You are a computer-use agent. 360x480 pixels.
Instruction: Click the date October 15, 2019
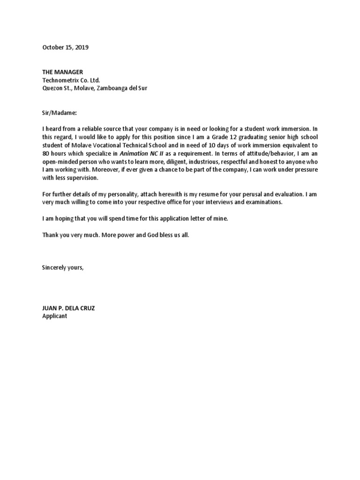65,47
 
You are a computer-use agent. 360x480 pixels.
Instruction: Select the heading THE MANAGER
62,72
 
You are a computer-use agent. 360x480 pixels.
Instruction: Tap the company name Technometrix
61,80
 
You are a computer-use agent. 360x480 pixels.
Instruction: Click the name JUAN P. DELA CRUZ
71,308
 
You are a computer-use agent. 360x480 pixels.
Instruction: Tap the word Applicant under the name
55,316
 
